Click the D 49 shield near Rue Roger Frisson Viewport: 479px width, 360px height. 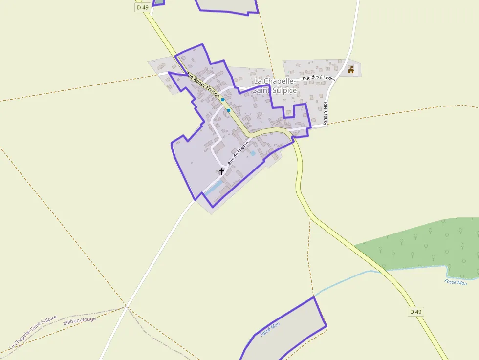coord(142,7)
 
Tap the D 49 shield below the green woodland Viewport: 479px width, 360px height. coord(415,311)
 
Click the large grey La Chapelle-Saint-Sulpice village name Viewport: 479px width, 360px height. coord(275,85)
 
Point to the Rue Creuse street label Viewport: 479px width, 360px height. coord(326,113)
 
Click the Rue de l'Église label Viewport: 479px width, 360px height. coord(238,152)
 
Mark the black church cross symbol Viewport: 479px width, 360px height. coord(221,171)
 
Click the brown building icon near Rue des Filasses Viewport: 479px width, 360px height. coord(351,70)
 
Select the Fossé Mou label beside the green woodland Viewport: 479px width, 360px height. coord(456,282)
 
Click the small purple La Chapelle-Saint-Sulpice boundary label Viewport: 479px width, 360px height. coord(33,332)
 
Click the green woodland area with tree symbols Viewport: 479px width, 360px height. coord(425,244)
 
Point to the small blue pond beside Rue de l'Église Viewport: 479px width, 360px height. coord(253,153)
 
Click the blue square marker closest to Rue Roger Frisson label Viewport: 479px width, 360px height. coord(223,99)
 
